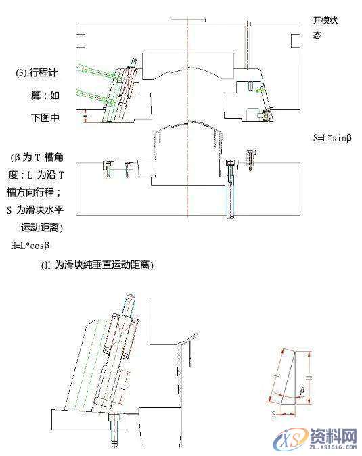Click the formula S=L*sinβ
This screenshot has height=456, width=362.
pos(333,138)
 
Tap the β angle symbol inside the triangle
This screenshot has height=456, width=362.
pos(302,391)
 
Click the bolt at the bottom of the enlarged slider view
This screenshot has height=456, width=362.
pos(113,430)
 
